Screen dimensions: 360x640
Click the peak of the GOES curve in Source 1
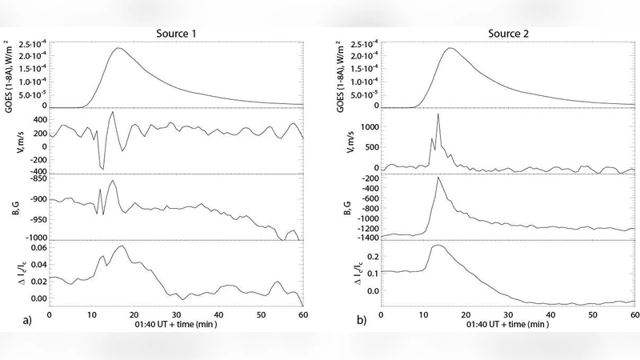[118, 48]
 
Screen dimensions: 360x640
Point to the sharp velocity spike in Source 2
[438, 114]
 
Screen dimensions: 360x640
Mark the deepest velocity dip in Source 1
[102, 169]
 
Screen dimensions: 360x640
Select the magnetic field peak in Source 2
[438, 177]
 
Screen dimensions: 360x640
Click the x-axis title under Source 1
[176, 326]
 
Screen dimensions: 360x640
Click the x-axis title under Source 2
[507, 326]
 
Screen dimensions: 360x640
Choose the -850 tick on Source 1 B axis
[36, 180]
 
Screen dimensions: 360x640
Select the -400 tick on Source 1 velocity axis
[36, 171]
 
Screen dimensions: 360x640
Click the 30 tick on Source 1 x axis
[176, 314]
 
